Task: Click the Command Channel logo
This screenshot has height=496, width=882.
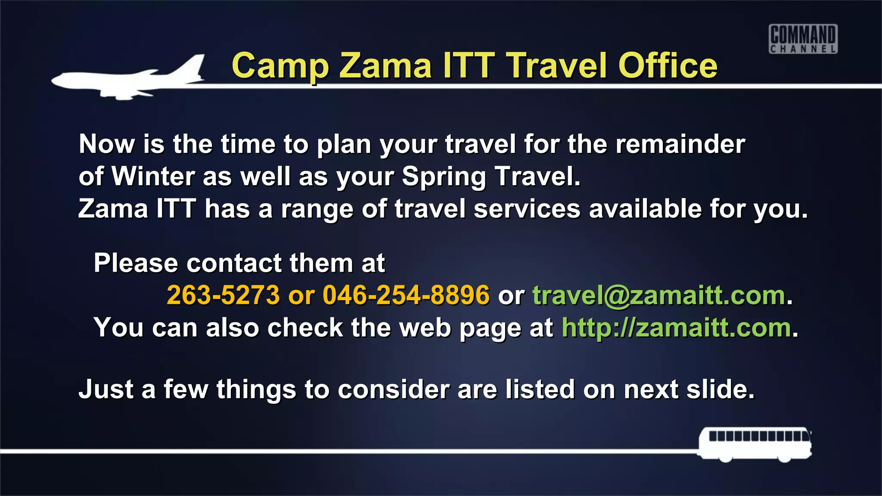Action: [803, 39]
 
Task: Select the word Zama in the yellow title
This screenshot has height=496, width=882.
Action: [385, 66]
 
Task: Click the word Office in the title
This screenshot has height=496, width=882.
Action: [668, 66]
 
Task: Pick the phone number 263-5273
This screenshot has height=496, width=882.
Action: [223, 295]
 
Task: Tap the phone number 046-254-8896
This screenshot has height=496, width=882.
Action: [406, 295]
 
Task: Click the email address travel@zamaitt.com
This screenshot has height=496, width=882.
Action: [659, 295]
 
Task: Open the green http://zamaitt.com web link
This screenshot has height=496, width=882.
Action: [676, 328]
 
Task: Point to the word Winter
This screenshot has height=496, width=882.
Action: [153, 176]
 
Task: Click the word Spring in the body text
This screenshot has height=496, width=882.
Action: [444, 177]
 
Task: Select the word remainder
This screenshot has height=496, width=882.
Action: [680, 144]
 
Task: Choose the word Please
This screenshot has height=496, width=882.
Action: [136, 263]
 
